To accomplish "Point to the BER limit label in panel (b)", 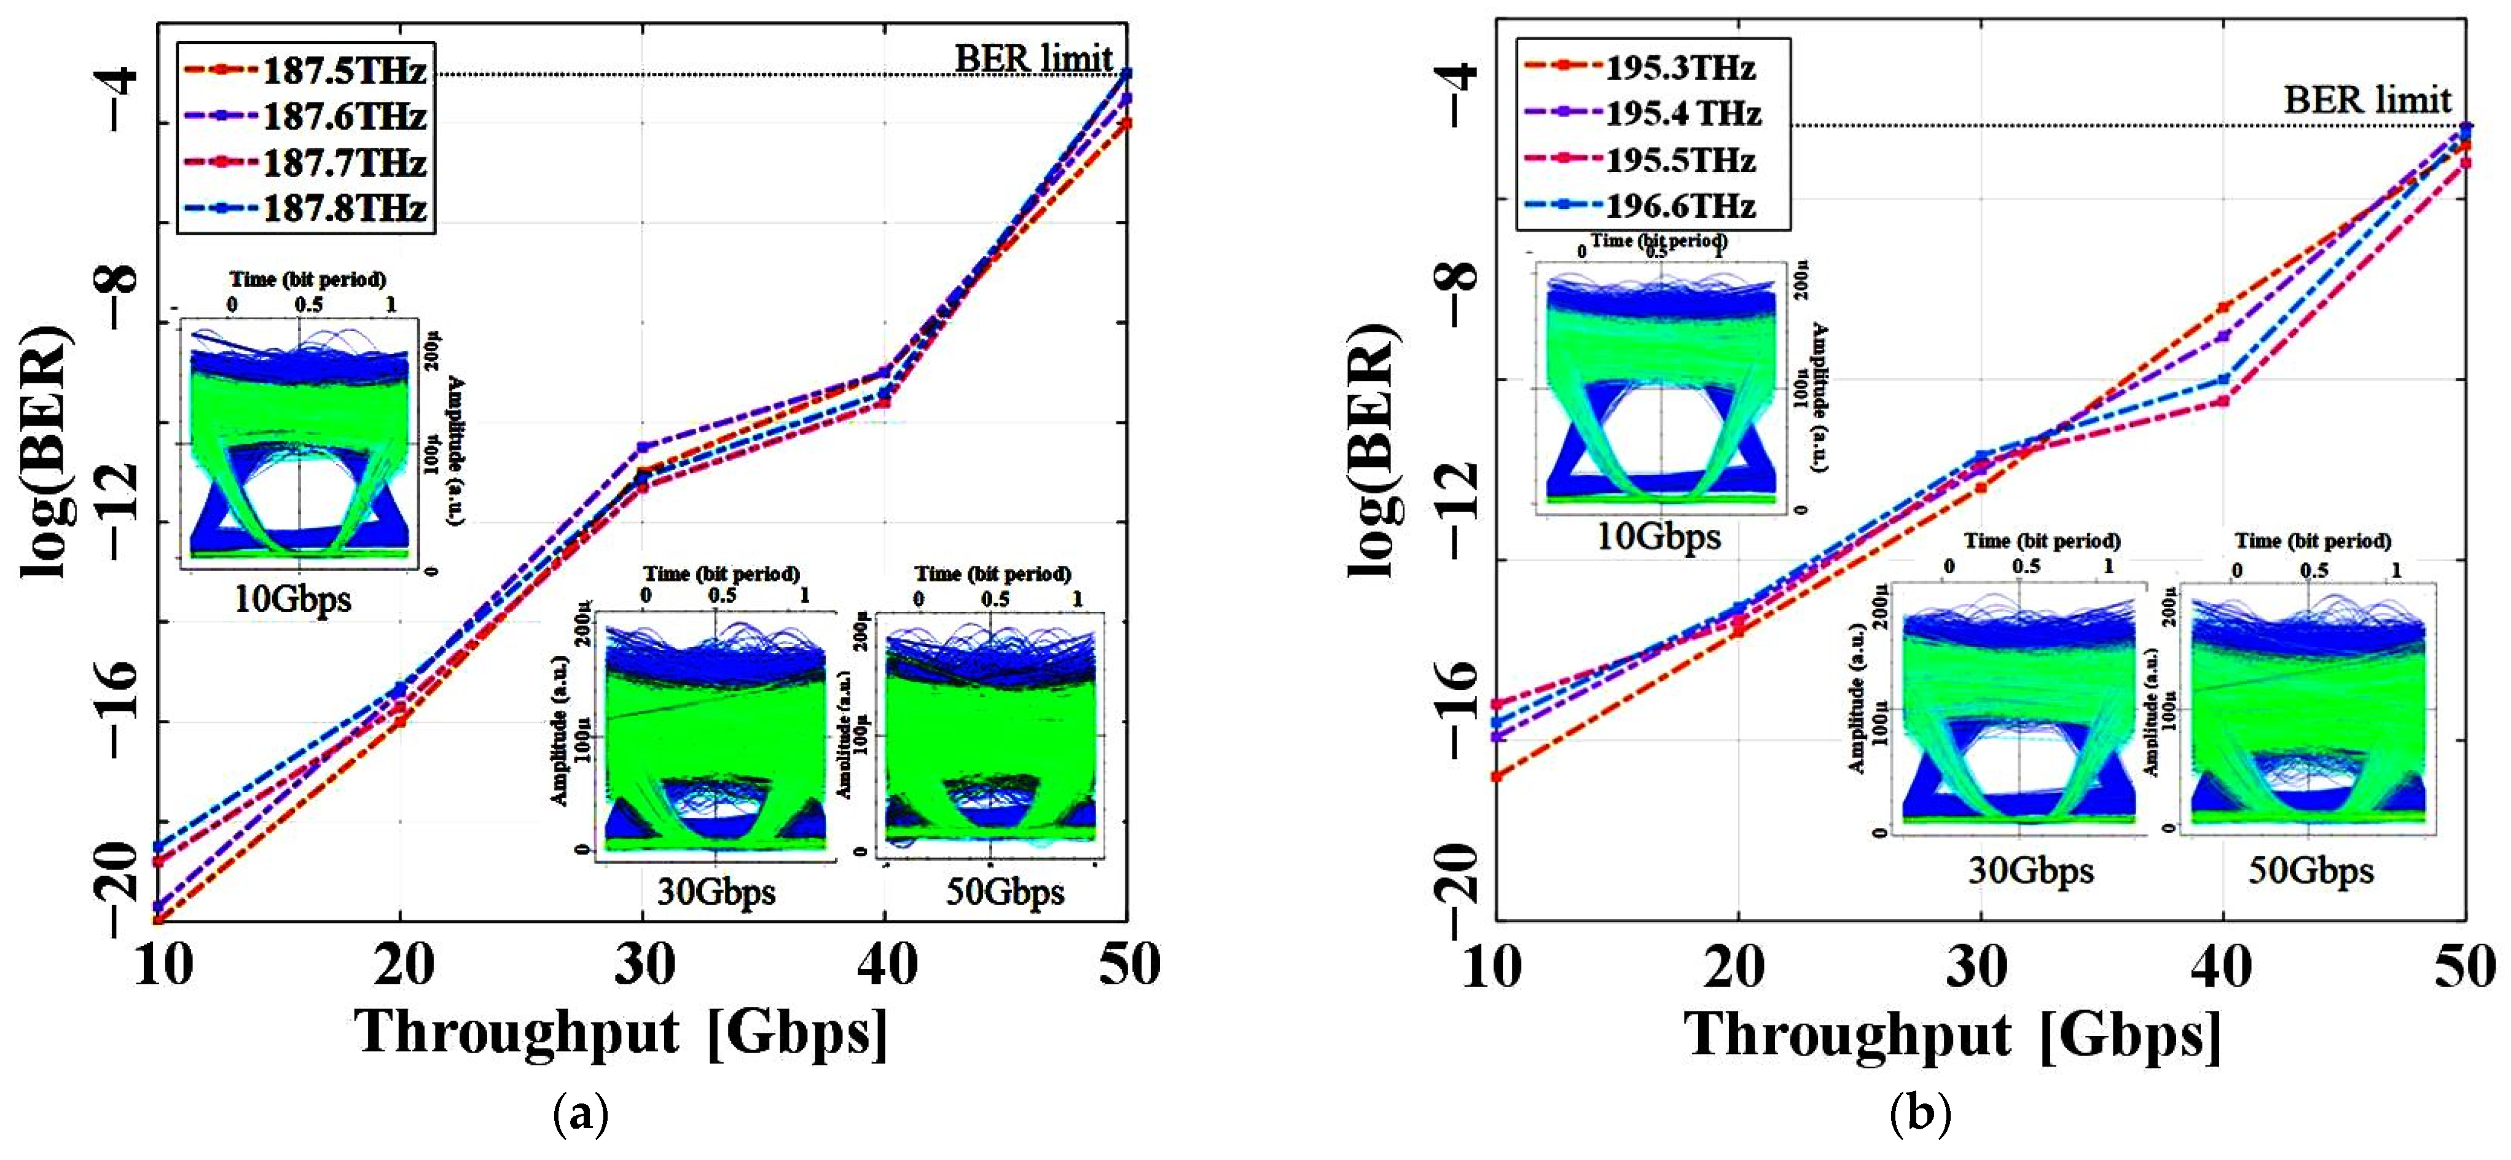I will (x=2367, y=100).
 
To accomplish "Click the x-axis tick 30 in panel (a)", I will (x=643, y=965).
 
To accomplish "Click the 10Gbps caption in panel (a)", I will (x=292, y=598).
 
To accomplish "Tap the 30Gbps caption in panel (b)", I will (x=2031, y=869).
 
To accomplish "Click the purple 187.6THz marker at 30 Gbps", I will (x=643, y=447).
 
